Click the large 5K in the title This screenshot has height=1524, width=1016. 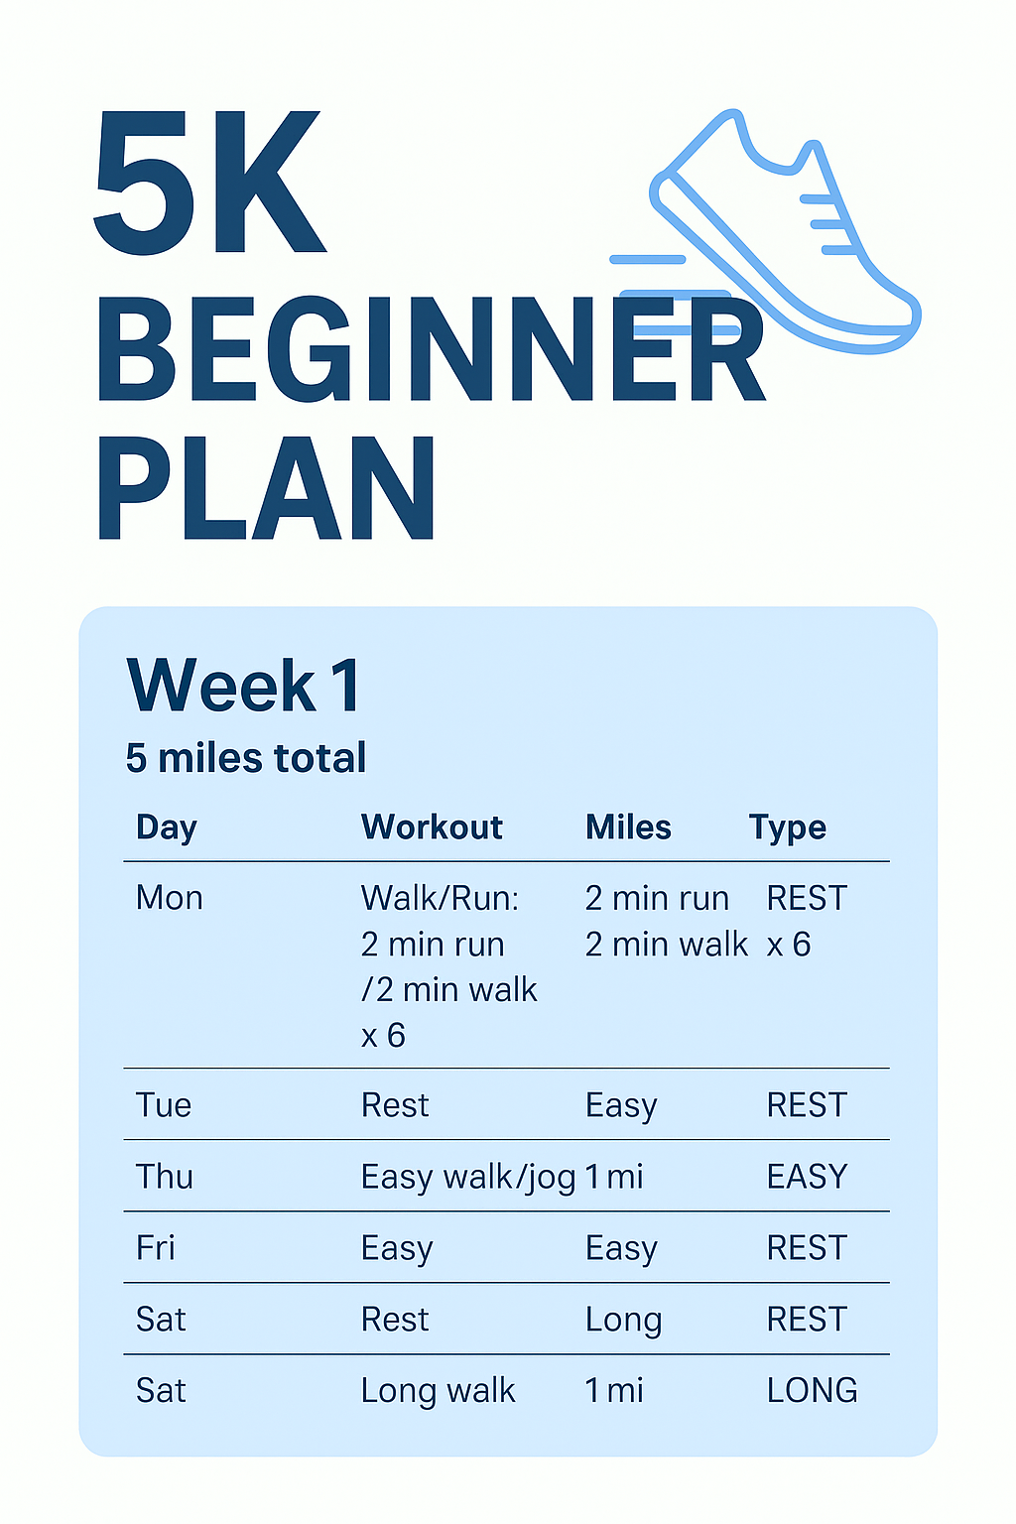pyautogui.click(x=209, y=183)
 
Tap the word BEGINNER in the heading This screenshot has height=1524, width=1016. pyautogui.click(x=432, y=351)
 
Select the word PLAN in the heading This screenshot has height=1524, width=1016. pyautogui.click(x=266, y=489)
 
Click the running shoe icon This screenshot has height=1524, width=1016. pyautogui.click(x=784, y=238)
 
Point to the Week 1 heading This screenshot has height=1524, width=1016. pyautogui.click(x=244, y=686)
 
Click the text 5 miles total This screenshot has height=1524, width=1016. pyautogui.click(x=246, y=758)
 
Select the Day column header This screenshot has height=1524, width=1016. pyautogui.click(x=167, y=827)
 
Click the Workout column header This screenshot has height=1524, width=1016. pyautogui.click(x=432, y=827)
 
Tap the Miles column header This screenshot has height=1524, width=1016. pyautogui.click(x=628, y=827)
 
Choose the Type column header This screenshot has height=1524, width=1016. pyautogui.click(x=788, y=827)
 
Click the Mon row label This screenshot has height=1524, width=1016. pyautogui.click(x=170, y=898)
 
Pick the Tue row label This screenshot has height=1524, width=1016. pyautogui.click(x=164, y=1105)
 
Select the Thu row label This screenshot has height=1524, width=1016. pyautogui.click(x=165, y=1177)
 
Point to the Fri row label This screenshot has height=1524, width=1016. pyautogui.click(x=156, y=1248)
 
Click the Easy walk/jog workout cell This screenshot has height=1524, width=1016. pyautogui.click(x=468, y=1178)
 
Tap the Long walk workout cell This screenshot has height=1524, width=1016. pyautogui.click(x=439, y=1391)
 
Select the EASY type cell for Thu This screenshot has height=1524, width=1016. pyautogui.click(x=807, y=1177)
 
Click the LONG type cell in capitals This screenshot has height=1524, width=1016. pyautogui.click(x=812, y=1391)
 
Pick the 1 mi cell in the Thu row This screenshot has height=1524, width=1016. pyautogui.click(x=614, y=1177)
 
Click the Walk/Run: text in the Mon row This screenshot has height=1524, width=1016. pyautogui.click(x=440, y=898)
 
